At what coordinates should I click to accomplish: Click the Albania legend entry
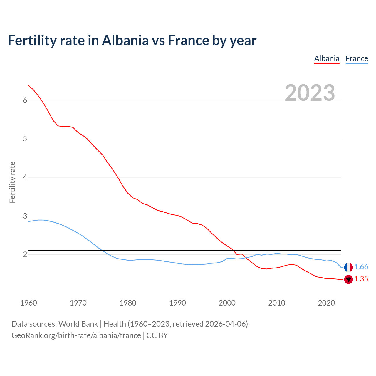click(x=327, y=58)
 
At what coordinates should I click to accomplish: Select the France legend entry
click(x=357, y=58)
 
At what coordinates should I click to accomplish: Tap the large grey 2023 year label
click(x=310, y=93)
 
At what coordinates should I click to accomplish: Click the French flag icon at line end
click(x=348, y=267)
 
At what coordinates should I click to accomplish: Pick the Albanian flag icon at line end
click(x=348, y=279)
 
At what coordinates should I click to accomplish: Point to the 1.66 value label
click(x=361, y=267)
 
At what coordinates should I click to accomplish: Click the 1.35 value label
click(x=361, y=279)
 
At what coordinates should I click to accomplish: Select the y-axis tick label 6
click(x=25, y=100)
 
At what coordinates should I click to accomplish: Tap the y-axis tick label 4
click(x=25, y=177)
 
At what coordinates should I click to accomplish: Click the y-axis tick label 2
click(x=25, y=255)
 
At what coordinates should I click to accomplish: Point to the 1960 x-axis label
click(x=28, y=303)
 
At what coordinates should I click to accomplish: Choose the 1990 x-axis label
click(x=177, y=303)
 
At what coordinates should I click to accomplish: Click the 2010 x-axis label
click(x=276, y=303)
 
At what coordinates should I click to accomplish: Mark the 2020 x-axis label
click(x=326, y=303)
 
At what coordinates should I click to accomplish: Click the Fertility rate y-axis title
click(x=12, y=182)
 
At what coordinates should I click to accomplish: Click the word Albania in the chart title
click(x=125, y=41)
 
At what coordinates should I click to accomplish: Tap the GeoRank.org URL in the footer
click(x=76, y=335)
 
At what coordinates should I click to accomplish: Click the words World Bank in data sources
click(x=78, y=324)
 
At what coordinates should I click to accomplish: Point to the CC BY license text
click(x=157, y=335)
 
